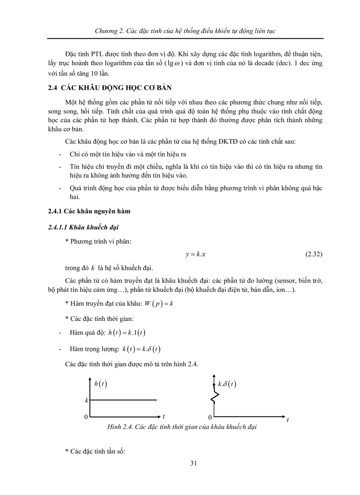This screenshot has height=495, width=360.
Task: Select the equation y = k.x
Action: click(x=193, y=254)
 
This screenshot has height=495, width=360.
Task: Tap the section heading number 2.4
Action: click(x=53, y=87)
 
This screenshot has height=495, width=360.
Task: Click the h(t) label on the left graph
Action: click(x=100, y=383)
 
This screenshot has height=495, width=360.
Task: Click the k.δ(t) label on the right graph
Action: click(x=227, y=384)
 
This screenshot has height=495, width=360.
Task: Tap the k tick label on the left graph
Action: click(x=87, y=400)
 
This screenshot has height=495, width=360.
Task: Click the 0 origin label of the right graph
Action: click(x=210, y=417)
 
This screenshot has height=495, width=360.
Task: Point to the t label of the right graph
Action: click(x=288, y=420)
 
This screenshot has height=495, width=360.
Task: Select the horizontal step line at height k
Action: click(x=124, y=400)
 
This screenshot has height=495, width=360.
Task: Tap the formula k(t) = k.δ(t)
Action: click(x=142, y=349)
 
